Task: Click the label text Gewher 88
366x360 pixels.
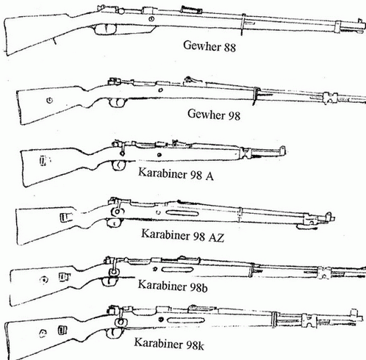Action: pyautogui.click(x=209, y=46)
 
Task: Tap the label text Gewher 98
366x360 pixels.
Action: pyautogui.click(x=214, y=115)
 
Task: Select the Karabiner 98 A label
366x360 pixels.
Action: pyautogui.click(x=176, y=173)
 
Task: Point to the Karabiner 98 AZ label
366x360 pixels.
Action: pyautogui.click(x=183, y=235)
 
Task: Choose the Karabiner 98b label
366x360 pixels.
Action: pyautogui.click(x=173, y=286)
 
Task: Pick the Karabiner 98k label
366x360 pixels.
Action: pyautogui.click(x=169, y=343)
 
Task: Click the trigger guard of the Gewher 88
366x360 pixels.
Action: pyautogui.click(x=105, y=29)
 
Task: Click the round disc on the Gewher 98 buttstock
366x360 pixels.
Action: pyautogui.click(x=49, y=100)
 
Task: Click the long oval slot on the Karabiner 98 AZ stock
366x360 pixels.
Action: pyautogui.click(x=182, y=213)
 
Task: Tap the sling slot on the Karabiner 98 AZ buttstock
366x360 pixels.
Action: pyautogui.click(x=66, y=217)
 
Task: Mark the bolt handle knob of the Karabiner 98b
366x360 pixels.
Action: pyautogui.click(x=113, y=272)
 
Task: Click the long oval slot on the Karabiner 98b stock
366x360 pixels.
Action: pyautogui.click(x=177, y=270)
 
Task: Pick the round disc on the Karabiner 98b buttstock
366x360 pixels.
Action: pyautogui.click(x=44, y=280)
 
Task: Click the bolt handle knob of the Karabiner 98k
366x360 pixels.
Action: pyautogui.click(x=121, y=323)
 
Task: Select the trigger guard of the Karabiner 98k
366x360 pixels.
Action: pyautogui.click(x=115, y=333)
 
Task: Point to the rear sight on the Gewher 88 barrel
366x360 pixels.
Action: pyautogui.click(x=192, y=10)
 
